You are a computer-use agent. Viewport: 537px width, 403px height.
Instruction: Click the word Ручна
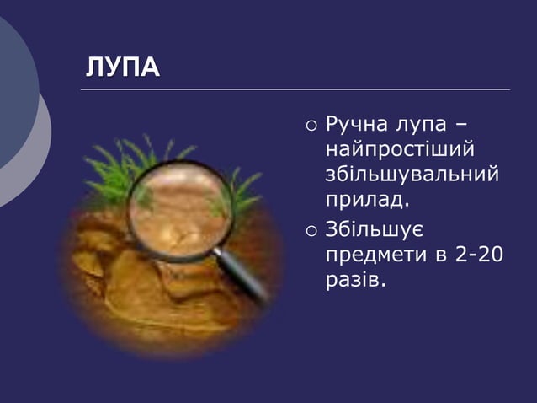pyautogui.click(x=357, y=127)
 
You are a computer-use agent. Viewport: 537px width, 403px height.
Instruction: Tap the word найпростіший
pyautogui.click(x=399, y=152)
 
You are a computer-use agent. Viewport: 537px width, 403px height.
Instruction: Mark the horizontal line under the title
pyautogui.click(x=295, y=89)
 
